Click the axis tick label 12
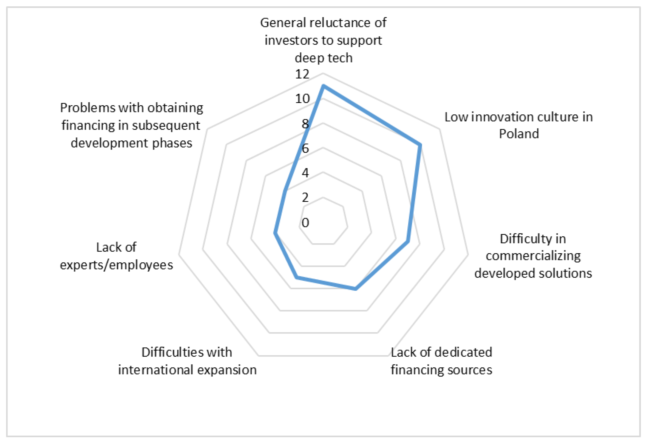pyautogui.click(x=302, y=74)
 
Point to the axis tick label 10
pyautogui.click(x=302, y=99)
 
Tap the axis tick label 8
pyautogui.click(x=305, y=124)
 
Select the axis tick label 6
pyautogui.click(x=305, y=149)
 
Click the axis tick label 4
pyautogui.click(x=305, y=173)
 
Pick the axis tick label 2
pyautogui.click(x=305, y=198)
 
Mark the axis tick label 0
pyautogui.click(x=305, y=222)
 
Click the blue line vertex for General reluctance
pyautogui.click(x=323, y=86)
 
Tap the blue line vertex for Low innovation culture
pyautogui.click(x=420, y=145)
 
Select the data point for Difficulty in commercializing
pyautogui.click(x=408, y=241)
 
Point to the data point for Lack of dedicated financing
pyautogui.click(x=355, y=289)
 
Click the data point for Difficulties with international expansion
pyautogui.click(x=297, y=277)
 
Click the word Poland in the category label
pyautogui.click(x=519, y=134)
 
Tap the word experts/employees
pyautogui.click(x=116, y=265)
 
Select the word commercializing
pyautogui.click(x=533, y=256)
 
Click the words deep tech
pyautogui.click(x=323, y=58)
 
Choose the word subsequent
pyautogui.click(x=166, y=125)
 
